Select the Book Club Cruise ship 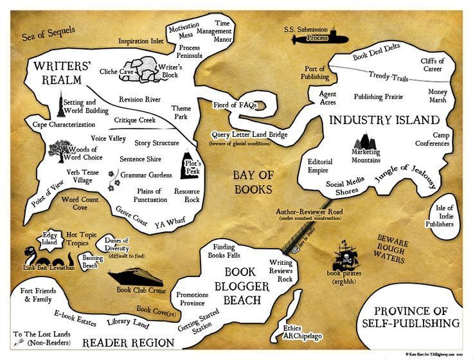[133, 277]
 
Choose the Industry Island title [384, 120]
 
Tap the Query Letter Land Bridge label [249, 136]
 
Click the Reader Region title [128, 342]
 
